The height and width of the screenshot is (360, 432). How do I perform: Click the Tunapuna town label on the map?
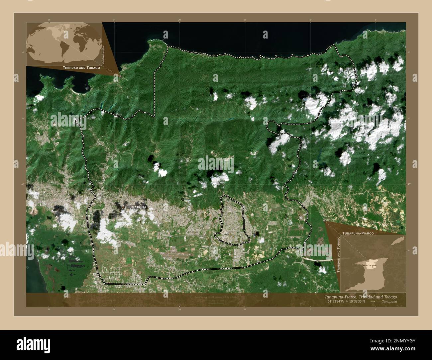point(136,207)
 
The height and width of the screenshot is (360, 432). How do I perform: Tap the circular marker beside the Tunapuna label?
point(124,207)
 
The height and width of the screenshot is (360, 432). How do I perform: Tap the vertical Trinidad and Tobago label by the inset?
point(339,254)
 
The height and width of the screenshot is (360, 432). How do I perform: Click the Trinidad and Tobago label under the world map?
point(81,67)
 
